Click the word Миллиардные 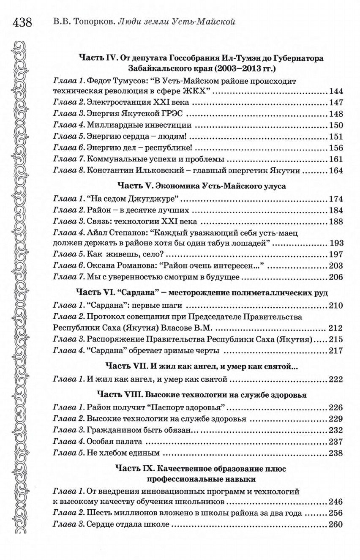[109, 126]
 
